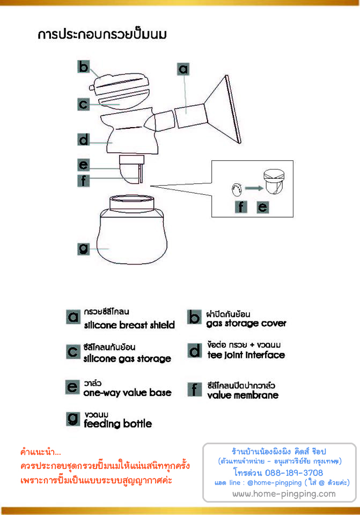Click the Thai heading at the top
coord(102,34)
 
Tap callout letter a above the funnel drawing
coord(183,69)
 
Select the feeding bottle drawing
coord(132,230)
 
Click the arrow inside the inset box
coord(254,188)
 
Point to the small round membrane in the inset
coord(237,189)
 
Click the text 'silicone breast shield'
coord(129,325)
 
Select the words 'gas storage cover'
coord(246,323)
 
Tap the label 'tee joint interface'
coord(246,355)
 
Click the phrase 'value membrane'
coord(243,395)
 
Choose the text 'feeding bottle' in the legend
coord(118,424)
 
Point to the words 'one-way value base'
coord(128,393)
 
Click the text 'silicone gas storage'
coord(127,358)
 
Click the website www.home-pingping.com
coord(284,494)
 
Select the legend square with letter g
coord(73,419)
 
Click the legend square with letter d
coord(194,350)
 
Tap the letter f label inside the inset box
coord(241,207)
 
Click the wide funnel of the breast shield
coord(223,110)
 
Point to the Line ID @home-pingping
coord(274,482)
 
